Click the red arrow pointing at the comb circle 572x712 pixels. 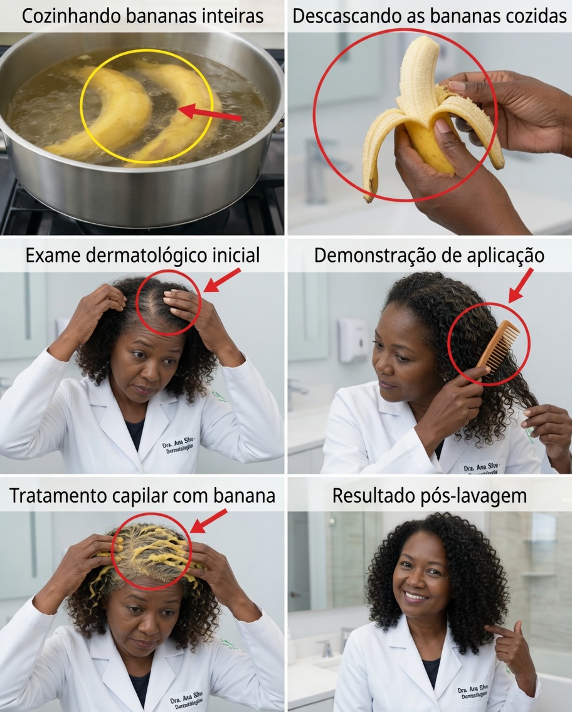point(521,285)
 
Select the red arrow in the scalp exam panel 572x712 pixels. point(222,280)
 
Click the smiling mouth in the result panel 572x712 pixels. point(415,595)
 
